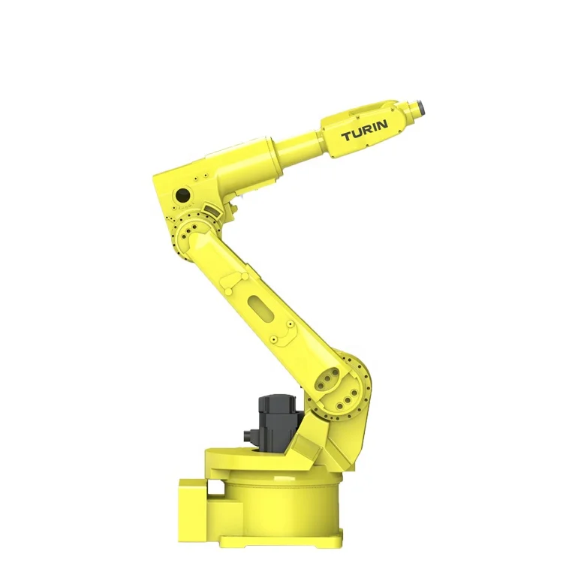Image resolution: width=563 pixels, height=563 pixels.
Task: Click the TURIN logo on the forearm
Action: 365,134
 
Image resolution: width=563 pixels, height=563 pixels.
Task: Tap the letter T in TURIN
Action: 347,137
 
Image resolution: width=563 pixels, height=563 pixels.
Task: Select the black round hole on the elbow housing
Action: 182,195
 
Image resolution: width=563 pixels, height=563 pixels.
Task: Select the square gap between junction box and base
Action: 215,489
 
